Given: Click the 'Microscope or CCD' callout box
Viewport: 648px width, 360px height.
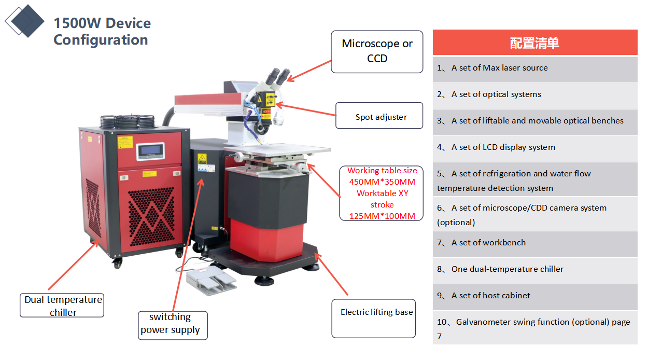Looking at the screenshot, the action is tap(377, 52).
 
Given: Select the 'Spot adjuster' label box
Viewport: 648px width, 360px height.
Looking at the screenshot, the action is tap(379, 116).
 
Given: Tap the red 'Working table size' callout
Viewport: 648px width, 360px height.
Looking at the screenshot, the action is tap(382, 193).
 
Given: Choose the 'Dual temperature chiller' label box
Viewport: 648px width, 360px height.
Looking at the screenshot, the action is tap(62, 306).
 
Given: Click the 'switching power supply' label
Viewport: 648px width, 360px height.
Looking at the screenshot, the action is tap(173, 325).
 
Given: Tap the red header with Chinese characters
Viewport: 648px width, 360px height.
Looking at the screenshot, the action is tap(535, 42).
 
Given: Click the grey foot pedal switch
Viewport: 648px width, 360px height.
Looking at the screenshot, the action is tap(210, 280).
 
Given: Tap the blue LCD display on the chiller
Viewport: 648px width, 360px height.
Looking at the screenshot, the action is tap(150, 150).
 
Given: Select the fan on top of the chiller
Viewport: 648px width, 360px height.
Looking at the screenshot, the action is tap(128, 121).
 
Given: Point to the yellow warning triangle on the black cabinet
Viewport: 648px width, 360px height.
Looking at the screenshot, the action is tap(202, 158).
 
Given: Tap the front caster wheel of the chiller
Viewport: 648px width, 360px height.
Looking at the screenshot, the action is tap(117, 264).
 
